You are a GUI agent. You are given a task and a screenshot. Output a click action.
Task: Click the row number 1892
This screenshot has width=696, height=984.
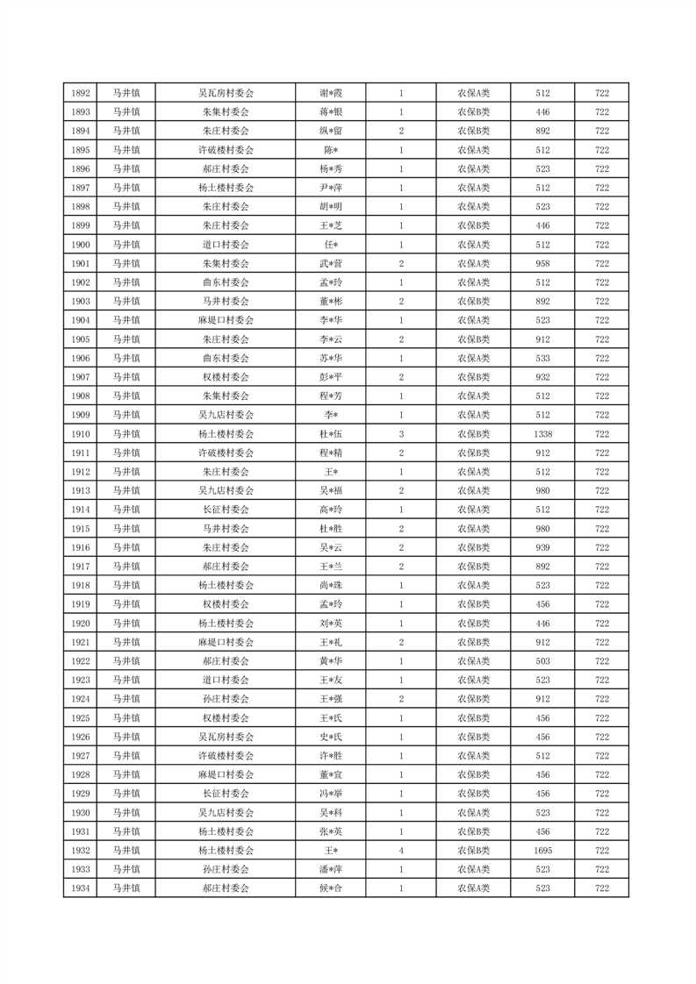pyautogui.click(x=81, y=93)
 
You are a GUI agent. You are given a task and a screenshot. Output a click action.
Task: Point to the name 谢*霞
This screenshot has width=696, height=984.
pyautogui.click(x=330, y=93)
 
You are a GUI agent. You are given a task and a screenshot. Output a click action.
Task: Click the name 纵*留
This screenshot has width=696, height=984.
pyautogui.click(x=330, y=131)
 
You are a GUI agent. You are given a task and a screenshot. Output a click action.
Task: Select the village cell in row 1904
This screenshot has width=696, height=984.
pyautogui.click(x=226, y=320)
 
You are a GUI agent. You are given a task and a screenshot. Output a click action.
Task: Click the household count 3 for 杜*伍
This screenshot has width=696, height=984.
pyautogui.click(x=401, y=433)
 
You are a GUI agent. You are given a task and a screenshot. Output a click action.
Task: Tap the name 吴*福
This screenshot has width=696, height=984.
pyautogui.click(x=330, y=490)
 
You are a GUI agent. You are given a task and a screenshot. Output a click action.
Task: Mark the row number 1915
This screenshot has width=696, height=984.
pyautogui.click(x=81, y=528)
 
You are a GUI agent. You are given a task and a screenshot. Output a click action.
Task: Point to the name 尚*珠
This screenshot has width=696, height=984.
pyautogui.click(x=330, y=585)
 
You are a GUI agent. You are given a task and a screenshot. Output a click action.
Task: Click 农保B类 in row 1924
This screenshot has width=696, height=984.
pyautogui.click(x=474, y=699)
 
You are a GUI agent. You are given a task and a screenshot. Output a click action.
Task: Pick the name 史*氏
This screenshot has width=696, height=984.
pyautogui.click(x=330, y=737)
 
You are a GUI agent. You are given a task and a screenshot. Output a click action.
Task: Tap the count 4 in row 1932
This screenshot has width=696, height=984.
pyautogui.click(x=401, y=850)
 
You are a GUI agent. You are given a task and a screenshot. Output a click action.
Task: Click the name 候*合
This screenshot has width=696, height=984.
pyautogui.click(x=330, y=888)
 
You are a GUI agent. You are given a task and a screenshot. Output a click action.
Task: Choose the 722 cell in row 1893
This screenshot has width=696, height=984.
pyautogui.click(x=602, y=112)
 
